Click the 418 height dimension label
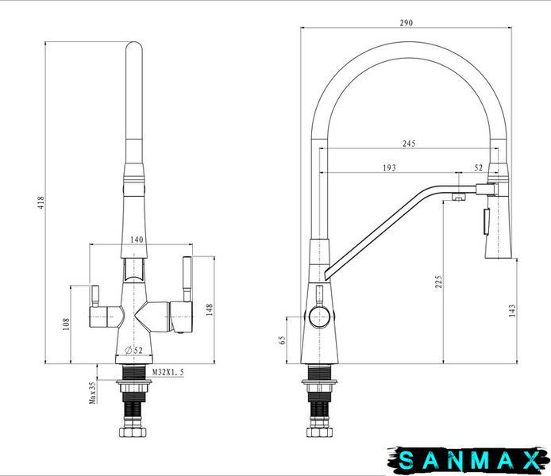[x=41, y=202]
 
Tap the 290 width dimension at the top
[x=407, y=23]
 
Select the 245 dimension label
[x=409, y=144]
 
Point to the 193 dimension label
[x=389, y=168]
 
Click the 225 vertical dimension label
[x=438, y=282]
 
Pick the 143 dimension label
[x=512, y=310]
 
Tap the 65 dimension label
[x=282, y=340]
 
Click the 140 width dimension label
[x=137, y=240]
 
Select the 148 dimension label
[x=209, y=309]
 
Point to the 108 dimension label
[x=66, y=324]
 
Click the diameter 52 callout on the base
[x=133, y=350]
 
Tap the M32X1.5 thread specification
[x=168, y=372]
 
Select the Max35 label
[x=92, y=393]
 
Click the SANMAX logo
[x=468, y=460]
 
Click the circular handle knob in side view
[x=319, y=317]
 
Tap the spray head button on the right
[x=487, y=221]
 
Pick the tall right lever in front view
[x=187, y=279]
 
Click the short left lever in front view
[x=95, y=296]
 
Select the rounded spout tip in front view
[x=134, y=49]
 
